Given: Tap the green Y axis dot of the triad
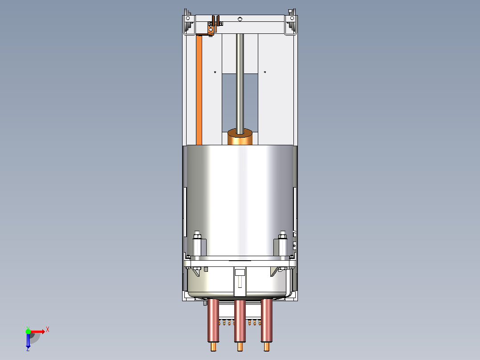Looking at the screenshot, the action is [28, 331].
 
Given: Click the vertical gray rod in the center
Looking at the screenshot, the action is [240, 84].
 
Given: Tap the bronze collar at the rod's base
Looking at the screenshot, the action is [240, 137].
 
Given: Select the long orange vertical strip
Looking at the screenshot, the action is [199, 90].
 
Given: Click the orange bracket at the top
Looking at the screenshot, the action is [214, 25].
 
